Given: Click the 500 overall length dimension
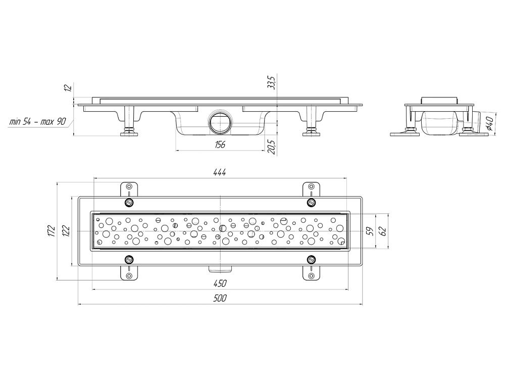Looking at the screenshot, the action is (220, 298).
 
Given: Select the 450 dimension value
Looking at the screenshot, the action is (220, 283).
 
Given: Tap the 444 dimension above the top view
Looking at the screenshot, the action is (220, 172).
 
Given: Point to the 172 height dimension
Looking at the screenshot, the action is (51, 231).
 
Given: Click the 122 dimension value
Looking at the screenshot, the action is (66, 231).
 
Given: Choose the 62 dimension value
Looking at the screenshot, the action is (383, 231).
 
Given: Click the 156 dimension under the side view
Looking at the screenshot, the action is (220, 145).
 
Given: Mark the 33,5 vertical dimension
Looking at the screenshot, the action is (272, 82).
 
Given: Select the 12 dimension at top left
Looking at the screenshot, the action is (68, 87).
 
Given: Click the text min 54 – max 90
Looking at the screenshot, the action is (38, 121).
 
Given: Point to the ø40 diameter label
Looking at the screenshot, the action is (489, 123).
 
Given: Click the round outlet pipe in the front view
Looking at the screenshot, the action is (220, 122).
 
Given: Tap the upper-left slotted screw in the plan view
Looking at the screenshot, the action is (129, 203).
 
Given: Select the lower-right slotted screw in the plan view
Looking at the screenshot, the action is (311, 259).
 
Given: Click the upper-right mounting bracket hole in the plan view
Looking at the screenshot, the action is (312, 186).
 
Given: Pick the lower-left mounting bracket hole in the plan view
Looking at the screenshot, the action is (129, 275).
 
